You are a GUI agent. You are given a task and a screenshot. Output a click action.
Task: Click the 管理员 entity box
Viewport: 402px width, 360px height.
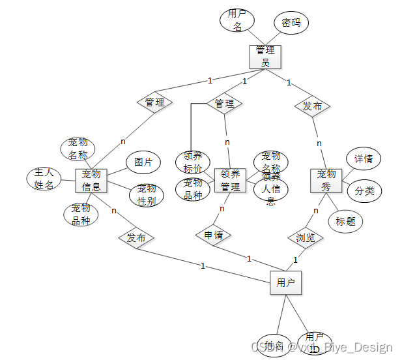pyautogui.click(x=265, y=56)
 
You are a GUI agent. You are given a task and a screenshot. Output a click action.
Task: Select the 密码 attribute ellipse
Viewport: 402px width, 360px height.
pyautogui.click(x=291, y=23)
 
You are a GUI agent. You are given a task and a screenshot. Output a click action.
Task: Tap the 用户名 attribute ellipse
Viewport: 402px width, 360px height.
pyautogui.click(x=237, y=20)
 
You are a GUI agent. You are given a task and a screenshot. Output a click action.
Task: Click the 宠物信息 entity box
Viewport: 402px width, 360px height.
pyautogui.click(x=91, y=181)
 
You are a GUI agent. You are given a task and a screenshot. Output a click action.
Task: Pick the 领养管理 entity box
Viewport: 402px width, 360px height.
pyautogui.click(x=230, y=179)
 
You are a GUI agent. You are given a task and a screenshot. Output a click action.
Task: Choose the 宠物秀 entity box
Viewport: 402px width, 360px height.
pyautogui.click(x=326, y=180)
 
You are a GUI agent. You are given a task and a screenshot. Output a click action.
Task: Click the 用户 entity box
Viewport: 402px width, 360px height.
pyautogui.click(x=286, y=283)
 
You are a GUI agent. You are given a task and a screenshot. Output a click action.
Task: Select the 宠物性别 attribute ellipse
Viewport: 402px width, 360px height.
pyautogui.click(x=147, y=195)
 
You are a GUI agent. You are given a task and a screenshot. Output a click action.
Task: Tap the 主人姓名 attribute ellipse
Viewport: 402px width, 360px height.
pyautogui.click(x=44, y=179)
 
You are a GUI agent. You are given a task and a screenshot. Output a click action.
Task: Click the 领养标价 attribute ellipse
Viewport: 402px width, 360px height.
pyautogui.click(x=193, y=161)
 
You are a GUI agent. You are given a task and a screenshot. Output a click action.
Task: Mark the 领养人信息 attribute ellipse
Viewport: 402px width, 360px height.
pyautogui.click(x=271, y=189)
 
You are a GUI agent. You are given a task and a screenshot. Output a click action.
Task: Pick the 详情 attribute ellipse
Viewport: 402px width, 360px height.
pyautogui.click(x=363, y=158)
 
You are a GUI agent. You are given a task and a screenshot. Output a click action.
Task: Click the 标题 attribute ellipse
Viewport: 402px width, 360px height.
pyautogui.click(x=345, y=221)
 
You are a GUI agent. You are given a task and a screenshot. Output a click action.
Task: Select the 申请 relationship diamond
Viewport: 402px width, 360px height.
pyautogui.click(x=213, y=235)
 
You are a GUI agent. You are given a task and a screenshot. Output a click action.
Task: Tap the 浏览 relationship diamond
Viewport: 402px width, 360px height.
pyautogui.click(x=306, y=238)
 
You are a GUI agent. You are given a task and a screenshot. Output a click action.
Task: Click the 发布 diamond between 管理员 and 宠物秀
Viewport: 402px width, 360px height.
pyautogui.click(x=312, y=106)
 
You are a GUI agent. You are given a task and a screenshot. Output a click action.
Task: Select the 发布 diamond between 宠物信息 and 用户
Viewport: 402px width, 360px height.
pyautogui.click(x=136, y=238)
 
